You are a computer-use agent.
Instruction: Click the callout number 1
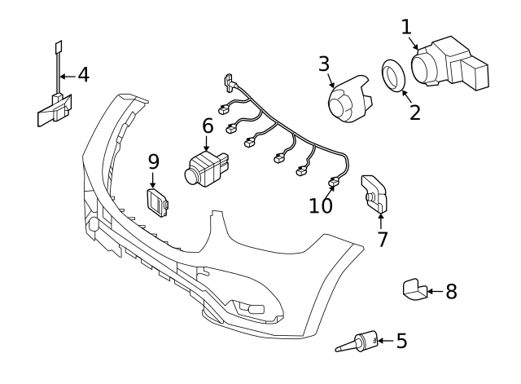click(407, 27)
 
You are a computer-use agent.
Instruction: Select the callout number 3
click(324, 64)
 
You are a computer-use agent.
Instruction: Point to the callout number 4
click(83, 75)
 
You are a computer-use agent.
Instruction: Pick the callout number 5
click(401, 341)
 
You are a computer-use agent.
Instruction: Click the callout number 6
click(208, 126)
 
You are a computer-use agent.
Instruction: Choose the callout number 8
click(451, 291)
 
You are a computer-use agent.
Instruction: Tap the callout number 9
click(154, 161)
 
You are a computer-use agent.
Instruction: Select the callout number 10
click(322, 205)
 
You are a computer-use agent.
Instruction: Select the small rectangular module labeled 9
click(158, 202)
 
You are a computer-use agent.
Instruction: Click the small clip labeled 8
click(414, 289)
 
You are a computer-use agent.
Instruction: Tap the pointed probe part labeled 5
click(359, 342)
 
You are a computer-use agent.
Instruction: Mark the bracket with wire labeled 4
click(54, 108)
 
